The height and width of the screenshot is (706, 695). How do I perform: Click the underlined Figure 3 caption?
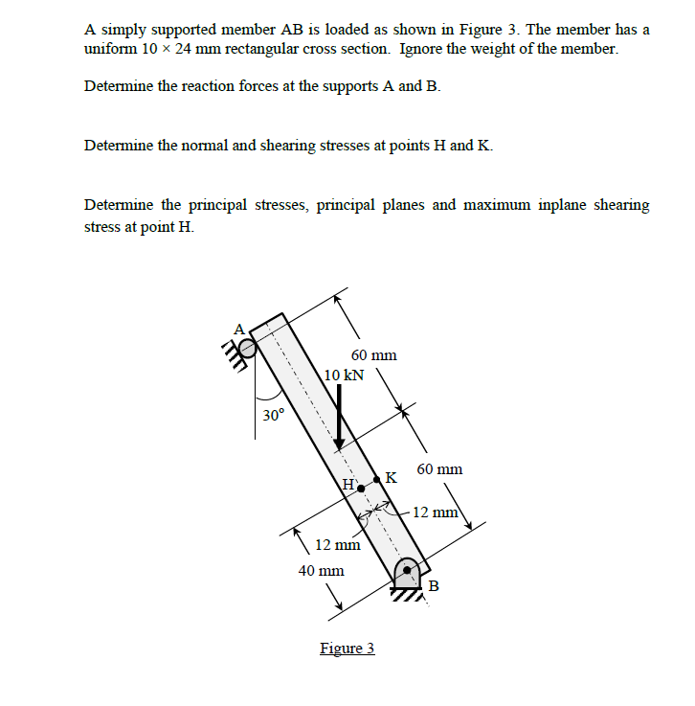pyautogui.click(x=347, y=649)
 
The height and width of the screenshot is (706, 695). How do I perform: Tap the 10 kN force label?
pyautogui.click(x=344, y=375)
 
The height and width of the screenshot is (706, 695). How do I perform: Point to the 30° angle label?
pyautogui.click(x=273, y=415)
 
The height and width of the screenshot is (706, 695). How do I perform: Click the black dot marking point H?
pyautogui.click(x=361, y=489)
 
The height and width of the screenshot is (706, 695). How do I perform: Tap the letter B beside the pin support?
pyautogui.click(x=434, y=585)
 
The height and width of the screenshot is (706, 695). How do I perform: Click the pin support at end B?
pyautogui.click(x=407, y=573)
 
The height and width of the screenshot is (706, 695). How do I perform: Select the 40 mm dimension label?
pyautogui.click(x=321, y=570)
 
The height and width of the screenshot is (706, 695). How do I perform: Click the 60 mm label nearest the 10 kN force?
pyautogui.click(x=373, y=355)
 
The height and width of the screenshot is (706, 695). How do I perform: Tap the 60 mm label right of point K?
pyautogui.click(x=439, y=469)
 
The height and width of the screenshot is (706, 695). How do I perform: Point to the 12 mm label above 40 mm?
pyautogui.click(x=337, y=545)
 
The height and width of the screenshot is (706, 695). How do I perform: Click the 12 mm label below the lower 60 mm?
pyautogui.click(x=437, y=512)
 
